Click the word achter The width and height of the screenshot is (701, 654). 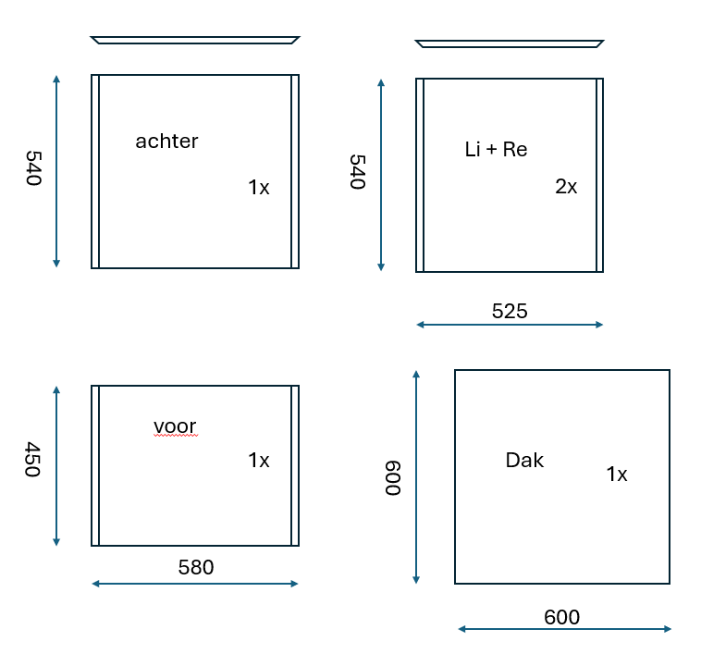click(x=166, y=142)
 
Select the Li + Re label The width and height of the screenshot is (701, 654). click(x=496, y=149)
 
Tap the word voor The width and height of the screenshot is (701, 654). click(x=175, y=426)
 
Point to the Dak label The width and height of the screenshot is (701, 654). click(x=524, y=460)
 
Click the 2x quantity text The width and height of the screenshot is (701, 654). click(x=566, y=187)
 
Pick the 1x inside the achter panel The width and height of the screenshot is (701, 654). click(x=259, y=187)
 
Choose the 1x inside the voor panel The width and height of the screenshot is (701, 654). click(x=259, y=460)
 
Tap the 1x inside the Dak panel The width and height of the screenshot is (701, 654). click(x=617, y=474)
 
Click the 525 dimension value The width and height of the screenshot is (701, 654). click(x=510, y=311)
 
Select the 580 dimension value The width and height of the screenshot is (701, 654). click(x=196, y=567)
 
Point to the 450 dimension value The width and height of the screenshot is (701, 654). click(x=33, y=459)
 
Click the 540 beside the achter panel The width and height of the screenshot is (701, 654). click(x=34, y=167)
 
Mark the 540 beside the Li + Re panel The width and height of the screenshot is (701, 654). click(x=358, y=172)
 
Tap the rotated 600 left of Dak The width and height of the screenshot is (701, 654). click(x=393, y=478)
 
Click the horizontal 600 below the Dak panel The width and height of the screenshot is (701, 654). click(x=562, y=617)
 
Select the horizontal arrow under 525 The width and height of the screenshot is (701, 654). click(x=510, y=325)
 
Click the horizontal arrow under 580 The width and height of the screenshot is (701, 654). click(x=195, y=584)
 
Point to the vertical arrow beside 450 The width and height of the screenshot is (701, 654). click(x=56, y=466)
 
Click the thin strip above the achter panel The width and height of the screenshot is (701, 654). click(x=195, y=40)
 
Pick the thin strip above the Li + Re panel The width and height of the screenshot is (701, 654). click(x=510, y=43)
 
